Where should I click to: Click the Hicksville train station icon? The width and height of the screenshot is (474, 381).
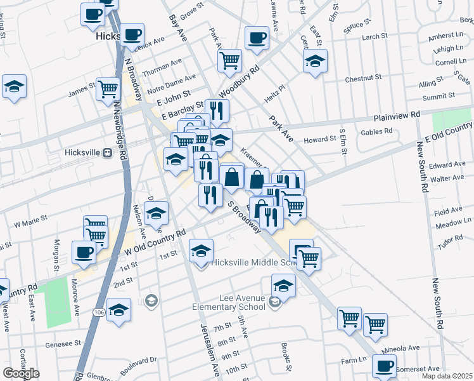(108, 152)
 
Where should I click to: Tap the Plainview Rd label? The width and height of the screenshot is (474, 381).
(397, 115)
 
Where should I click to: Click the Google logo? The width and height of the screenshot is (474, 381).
(21, 373)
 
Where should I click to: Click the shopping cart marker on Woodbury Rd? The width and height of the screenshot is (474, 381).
(229, 60)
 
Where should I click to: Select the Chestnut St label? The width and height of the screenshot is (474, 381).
(363, 78)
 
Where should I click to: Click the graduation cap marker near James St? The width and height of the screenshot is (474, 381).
(14, 87)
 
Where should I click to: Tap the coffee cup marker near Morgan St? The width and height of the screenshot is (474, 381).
(84, 252)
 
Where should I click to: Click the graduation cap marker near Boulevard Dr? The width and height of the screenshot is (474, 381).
(118, 310)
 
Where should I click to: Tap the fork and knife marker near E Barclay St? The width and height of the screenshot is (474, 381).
(217, 110)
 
